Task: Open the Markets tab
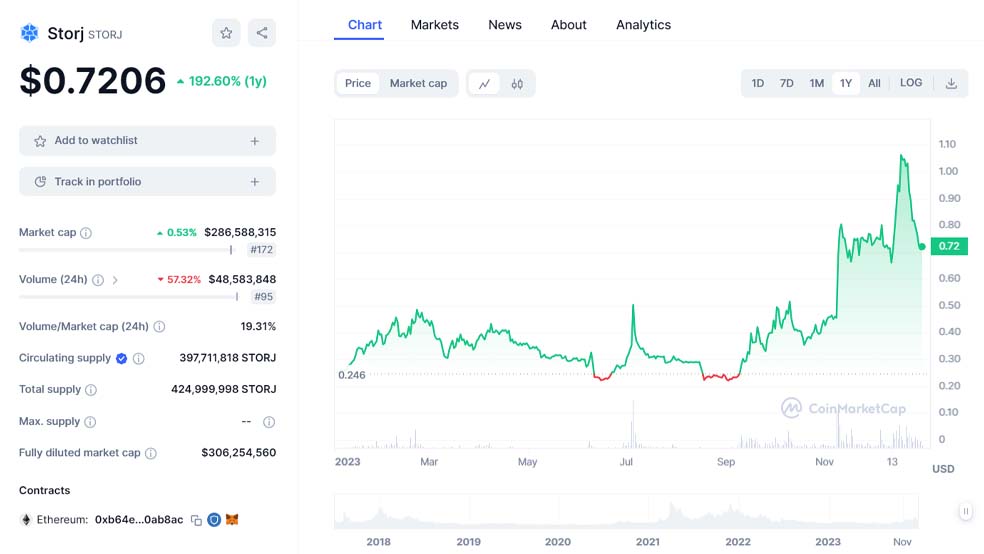(434, 25)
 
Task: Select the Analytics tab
(643, 25)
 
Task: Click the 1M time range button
(816, 83)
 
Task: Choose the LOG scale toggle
(911, 83)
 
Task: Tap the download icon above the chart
(951, 83)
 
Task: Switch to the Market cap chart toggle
(418, 83)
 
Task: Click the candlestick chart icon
(517, 84)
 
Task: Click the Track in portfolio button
(147, 181)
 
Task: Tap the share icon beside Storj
(262, 33)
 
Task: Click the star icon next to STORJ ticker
(226, 33)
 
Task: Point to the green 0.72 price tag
(949, 246)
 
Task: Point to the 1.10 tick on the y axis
(947, 144)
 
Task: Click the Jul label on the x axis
(626, 462)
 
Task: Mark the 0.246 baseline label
(351, 375)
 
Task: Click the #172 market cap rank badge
(262, 250)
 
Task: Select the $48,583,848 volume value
(242, 279)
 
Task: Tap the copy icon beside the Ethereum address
(196, 520)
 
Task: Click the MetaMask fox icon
(232, 519)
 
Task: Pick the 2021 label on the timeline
(648, 541)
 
